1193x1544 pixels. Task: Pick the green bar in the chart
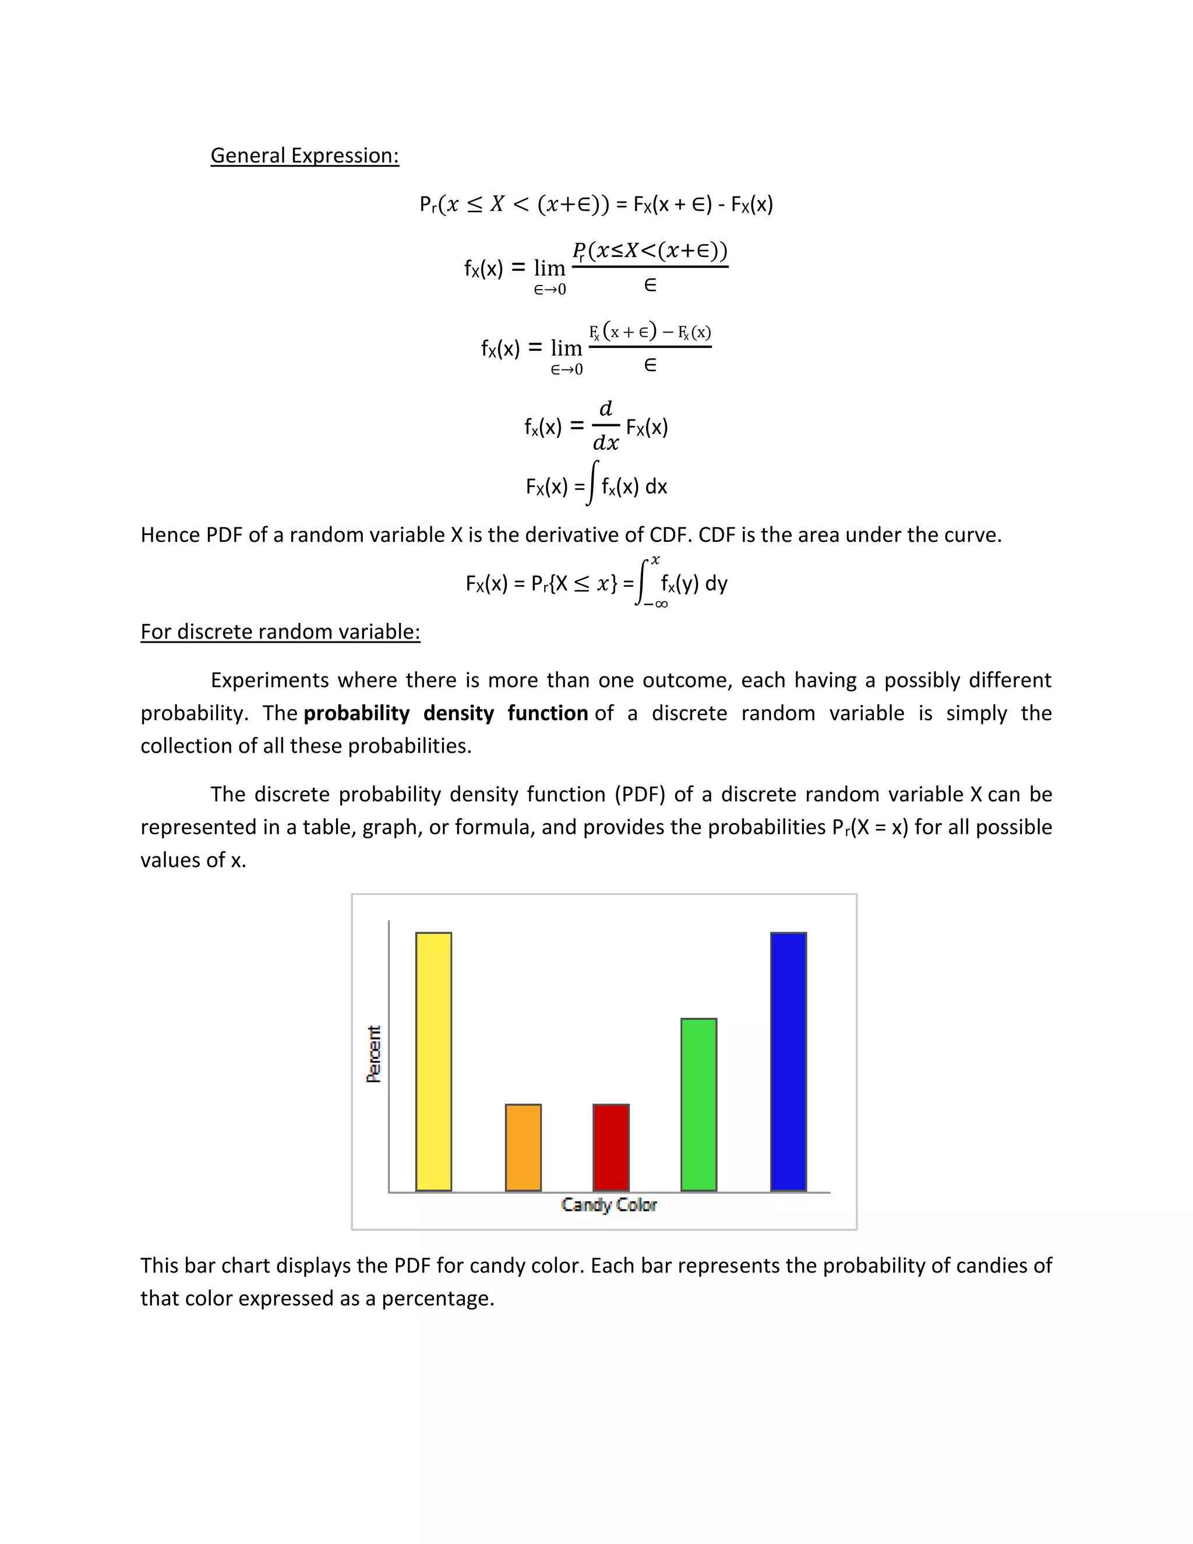pyautogui.click(x=698, y=1104)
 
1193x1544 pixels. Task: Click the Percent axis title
pyautogui.click(x=374, y=1053)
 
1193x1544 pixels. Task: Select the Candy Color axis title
pyautogui.click(x=609, y=1205)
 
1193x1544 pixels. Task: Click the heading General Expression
pyautogui.click(x=305, y=156)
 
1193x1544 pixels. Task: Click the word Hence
pyautogui.click(x=170, y=534)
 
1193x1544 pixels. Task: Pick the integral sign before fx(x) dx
pyautogui.click(x=592, y=484)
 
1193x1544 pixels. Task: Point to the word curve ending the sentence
pyautogui.click(x=973, y=534)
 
